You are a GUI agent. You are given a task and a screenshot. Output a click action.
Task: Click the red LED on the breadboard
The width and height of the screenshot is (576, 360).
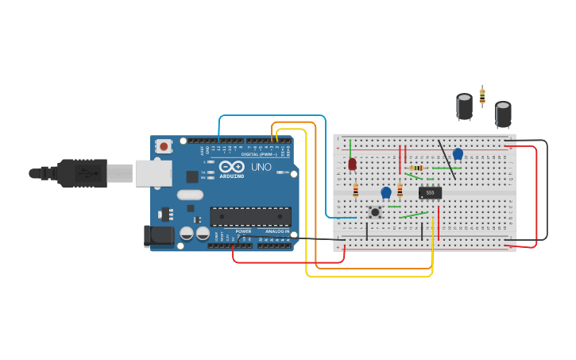coord(352,165)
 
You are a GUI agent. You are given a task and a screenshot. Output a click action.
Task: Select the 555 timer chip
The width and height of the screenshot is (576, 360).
coord(430,192)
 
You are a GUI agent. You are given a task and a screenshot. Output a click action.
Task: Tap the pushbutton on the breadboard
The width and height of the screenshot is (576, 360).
coord(375,212)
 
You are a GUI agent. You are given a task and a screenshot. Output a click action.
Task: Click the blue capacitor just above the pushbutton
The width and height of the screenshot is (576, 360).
coord(386,192)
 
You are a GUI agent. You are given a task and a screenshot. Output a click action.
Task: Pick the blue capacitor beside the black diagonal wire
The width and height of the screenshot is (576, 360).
coord(458,154)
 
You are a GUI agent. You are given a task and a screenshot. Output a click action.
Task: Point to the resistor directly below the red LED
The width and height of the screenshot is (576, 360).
coord(355,190)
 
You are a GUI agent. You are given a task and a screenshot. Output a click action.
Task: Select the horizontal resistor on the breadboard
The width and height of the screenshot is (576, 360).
coord(416,168)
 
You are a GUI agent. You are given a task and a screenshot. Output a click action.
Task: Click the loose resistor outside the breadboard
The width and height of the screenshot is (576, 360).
coord(482,97)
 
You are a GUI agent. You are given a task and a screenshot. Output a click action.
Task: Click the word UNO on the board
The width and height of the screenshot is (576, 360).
coord(261,167)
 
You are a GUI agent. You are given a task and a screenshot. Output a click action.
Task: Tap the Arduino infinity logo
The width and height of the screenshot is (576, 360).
coord(232,167)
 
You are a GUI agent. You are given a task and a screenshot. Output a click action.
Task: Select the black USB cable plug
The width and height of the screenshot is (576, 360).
coord(79,172)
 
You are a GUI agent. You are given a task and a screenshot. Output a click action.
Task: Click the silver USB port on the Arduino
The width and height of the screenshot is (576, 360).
coord(153,172)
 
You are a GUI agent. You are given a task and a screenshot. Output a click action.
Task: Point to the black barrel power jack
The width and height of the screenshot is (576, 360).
coord(160,235)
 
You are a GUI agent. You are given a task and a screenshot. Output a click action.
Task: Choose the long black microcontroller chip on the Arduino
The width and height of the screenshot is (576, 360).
coord(250,215)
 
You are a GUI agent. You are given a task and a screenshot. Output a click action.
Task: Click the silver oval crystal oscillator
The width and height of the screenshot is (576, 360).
coord(190,195)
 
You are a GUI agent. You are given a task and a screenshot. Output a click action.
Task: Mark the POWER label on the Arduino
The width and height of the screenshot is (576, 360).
coord(243,231)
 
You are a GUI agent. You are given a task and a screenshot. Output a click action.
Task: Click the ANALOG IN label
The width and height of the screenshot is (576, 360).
coord(276,231)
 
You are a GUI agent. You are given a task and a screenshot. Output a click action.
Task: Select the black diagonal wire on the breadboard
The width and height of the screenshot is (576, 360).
coord(446,159)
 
